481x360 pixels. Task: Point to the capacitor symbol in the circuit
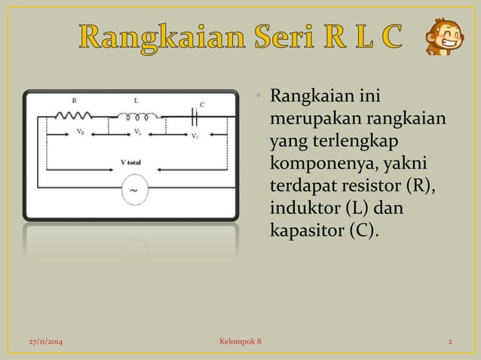point(197,116)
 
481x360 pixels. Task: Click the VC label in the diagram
point(195,136)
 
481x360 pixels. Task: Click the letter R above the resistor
point(75,99)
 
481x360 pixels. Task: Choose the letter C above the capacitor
point(201,104)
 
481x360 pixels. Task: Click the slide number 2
point(449,343)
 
